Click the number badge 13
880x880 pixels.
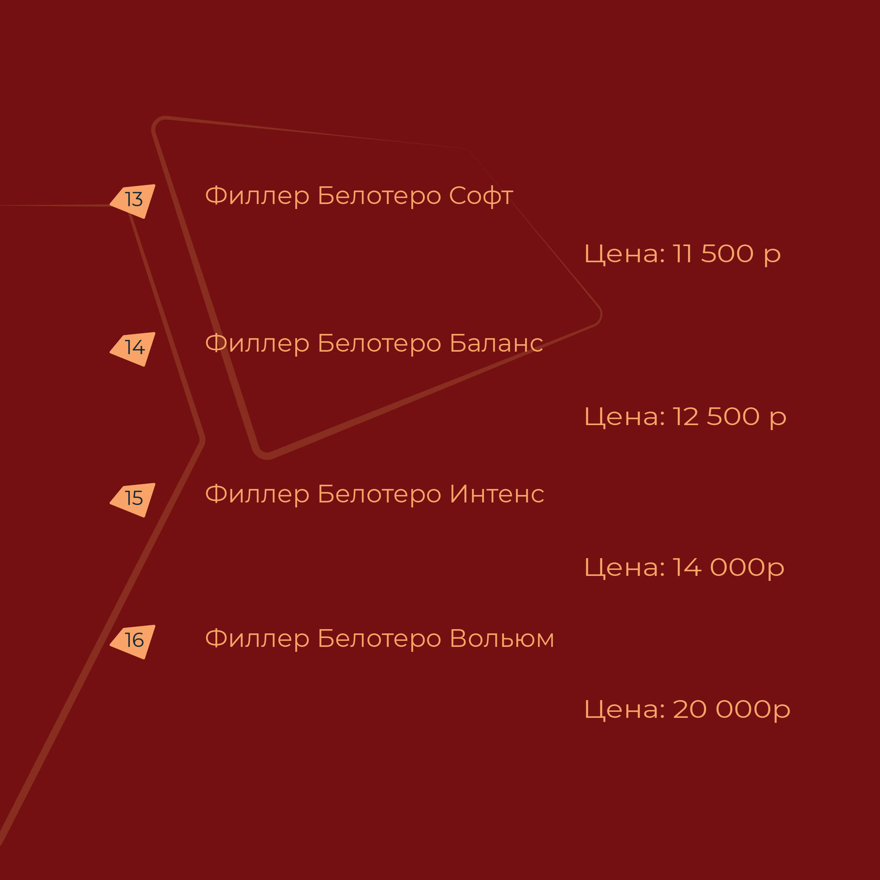[x=134, y=200]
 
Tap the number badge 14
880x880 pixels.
[x=134, y=348]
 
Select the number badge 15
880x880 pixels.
[x=134, y=498]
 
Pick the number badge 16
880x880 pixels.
[x=134, y=640]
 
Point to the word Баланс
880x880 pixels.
[x=496, y=344]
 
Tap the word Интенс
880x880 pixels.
[x=497, y=494]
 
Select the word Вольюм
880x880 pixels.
[x=501, y=639]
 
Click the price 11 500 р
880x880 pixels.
[x=727, y=254]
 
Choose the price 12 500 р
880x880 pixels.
[x=729, y=417]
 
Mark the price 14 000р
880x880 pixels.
[x=728, y=568]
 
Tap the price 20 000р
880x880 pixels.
[x=731, y=710]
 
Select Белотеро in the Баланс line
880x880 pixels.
[x=379, y=344]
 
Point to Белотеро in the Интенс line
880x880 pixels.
[x=379, y=494]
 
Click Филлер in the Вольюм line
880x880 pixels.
[x=257, y=639]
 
